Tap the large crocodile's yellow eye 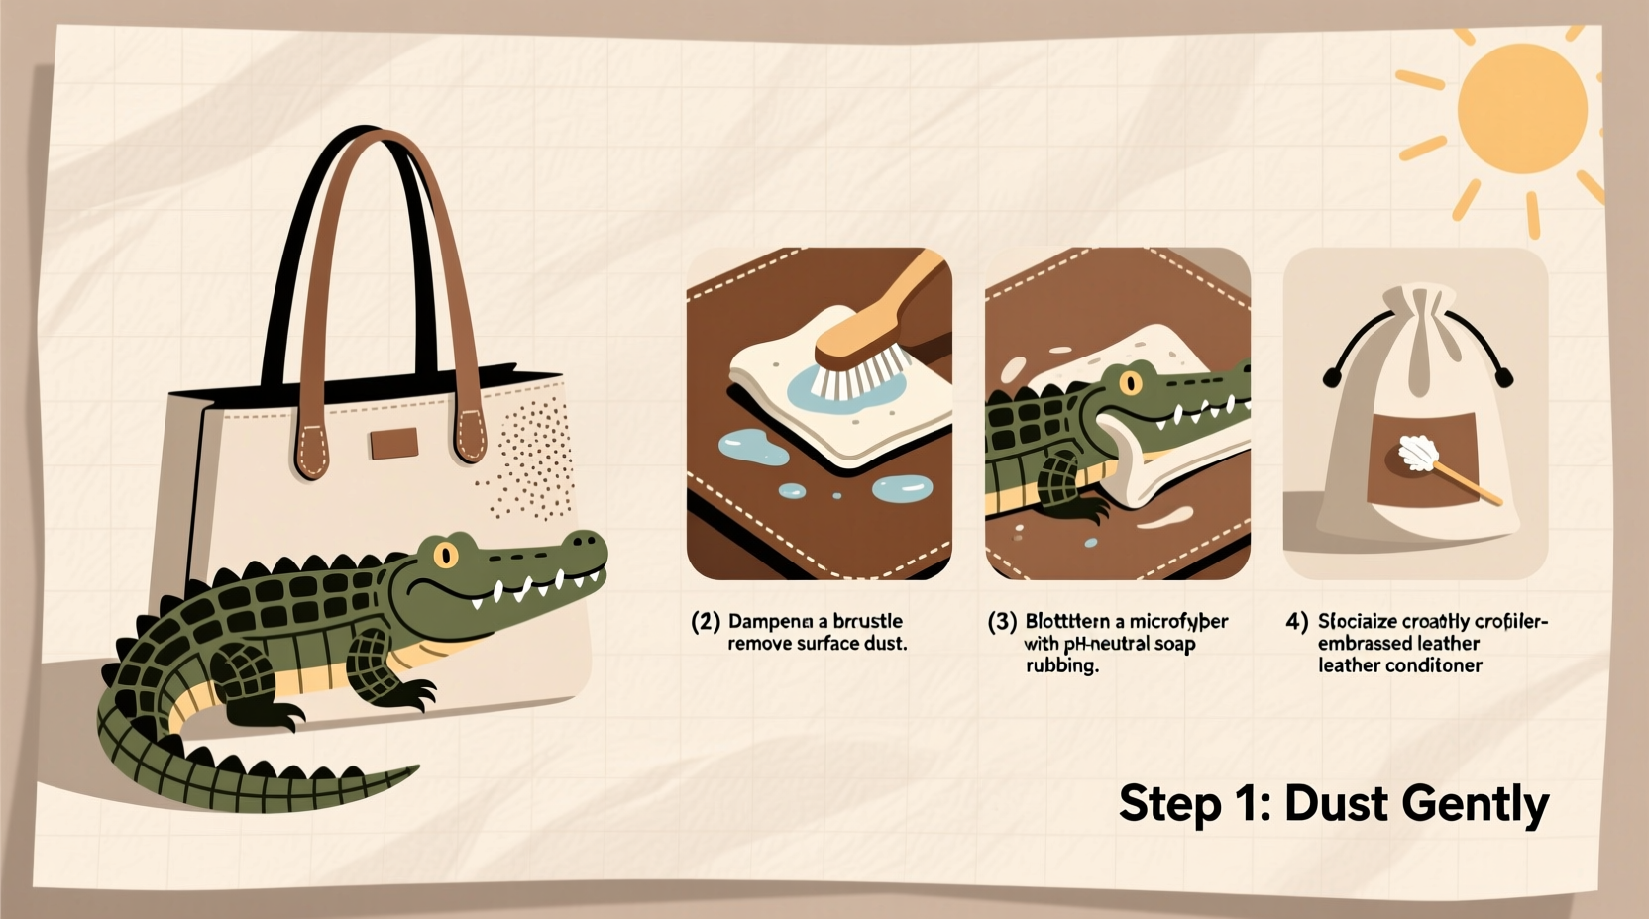click(446, 555)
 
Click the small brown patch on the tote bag click(394, 443)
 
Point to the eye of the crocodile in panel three click(1131, 382)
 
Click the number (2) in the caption click(705, 622)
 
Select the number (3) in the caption click(1002, 622)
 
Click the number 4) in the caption click(1296, 622)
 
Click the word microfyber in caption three click(1178, 622)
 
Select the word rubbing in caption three click(1061, 665)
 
